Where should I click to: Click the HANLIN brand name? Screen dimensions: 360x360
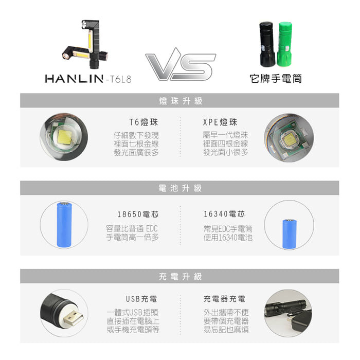(74, 79)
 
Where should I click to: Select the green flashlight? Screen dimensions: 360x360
(285, 44)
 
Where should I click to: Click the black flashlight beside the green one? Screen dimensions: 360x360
(267, 44)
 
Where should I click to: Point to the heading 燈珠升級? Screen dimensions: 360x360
(181, 101)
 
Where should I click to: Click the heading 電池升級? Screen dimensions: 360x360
(180, 188)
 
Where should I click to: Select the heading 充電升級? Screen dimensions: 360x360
(180, 277)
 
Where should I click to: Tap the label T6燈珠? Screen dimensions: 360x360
(143, 122)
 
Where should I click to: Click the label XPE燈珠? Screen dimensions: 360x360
(220, 122)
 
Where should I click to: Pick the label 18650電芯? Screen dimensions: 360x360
(138, 214)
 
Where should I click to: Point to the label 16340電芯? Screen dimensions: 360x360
(224, 214)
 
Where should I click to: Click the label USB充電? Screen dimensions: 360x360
(141, 299)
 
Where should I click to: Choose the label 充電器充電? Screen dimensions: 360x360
(224, 299)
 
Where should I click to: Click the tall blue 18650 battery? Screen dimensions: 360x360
(64, 225)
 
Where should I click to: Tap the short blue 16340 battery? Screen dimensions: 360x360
(289, 234)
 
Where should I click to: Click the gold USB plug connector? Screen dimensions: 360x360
(74, 319)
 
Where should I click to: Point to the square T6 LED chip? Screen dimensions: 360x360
(64, 137)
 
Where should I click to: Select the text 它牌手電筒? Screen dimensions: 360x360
(276, 79)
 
